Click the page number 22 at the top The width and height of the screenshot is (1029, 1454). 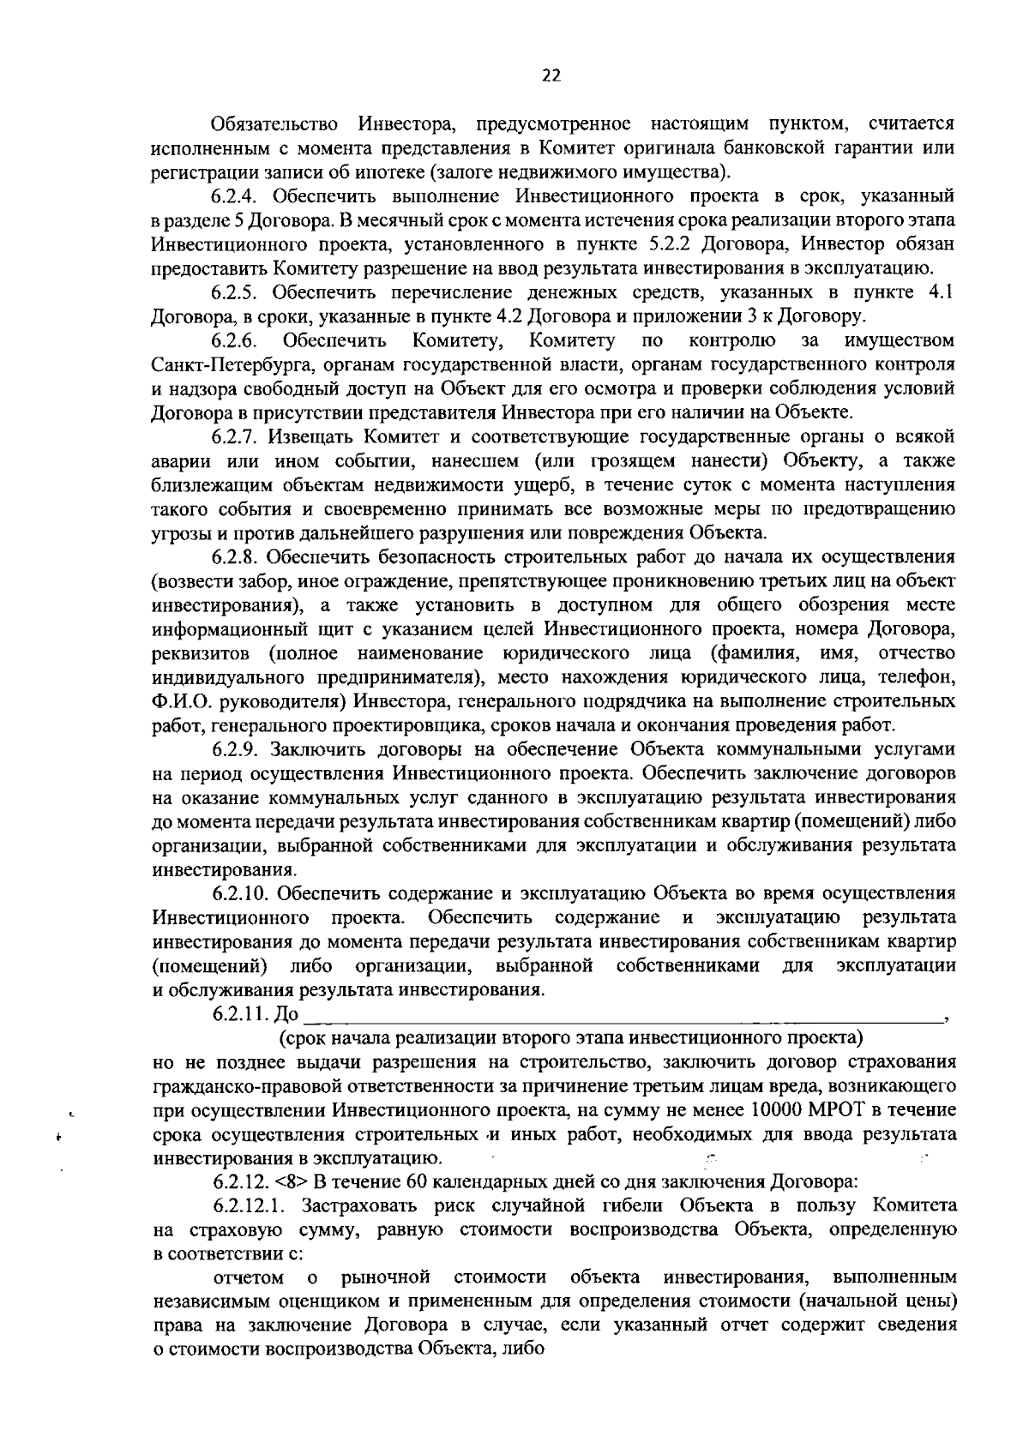pos(551,75)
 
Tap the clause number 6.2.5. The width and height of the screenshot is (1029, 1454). pos(238,292)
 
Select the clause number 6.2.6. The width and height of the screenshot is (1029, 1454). pos(237,341)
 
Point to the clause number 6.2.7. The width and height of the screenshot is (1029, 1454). pos(238,437)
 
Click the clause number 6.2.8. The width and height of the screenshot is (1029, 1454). pos(238,557)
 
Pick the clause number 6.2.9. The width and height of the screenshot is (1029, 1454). pos(238,749)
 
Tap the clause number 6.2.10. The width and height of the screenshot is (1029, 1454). pos(243,893)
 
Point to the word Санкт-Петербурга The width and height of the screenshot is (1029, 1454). pos(224,364)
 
